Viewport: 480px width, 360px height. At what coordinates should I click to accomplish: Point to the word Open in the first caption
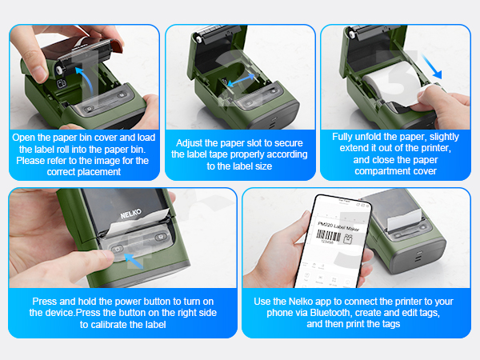pos(29,138)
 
